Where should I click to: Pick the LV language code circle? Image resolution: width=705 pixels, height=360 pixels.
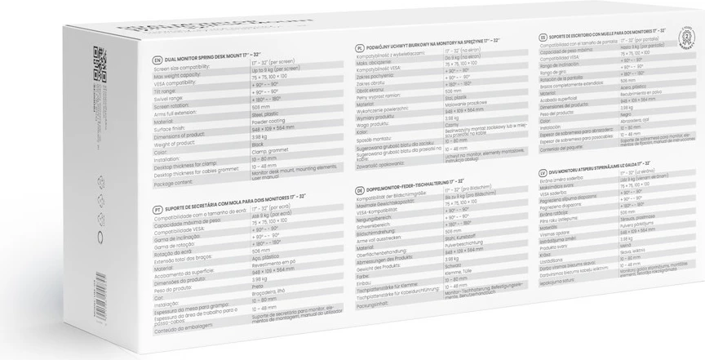[x=543, y=174]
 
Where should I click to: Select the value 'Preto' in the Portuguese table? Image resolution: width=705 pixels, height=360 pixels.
[x=262, y=286]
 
